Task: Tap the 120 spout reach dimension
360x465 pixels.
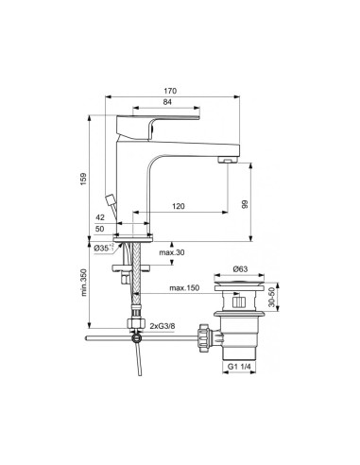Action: [178, 205]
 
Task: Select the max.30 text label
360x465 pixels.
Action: [171, 251]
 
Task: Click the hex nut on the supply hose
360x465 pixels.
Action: [136, 322]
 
